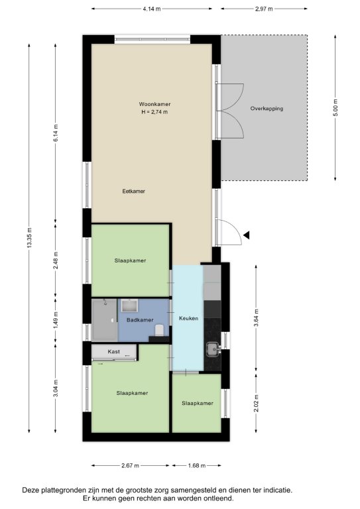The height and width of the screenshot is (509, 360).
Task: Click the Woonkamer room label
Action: click(154, 104)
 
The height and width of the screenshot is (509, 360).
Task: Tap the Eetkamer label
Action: click(134, 191)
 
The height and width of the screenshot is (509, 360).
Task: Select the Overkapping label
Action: click(267, 109)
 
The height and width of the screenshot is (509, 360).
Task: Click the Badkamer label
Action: click(140, 320)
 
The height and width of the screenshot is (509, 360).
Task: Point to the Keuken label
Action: click(188, 318)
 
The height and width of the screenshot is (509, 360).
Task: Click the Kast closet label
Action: click(113, 351)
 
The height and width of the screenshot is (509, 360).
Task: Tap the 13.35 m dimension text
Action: click(30, 238)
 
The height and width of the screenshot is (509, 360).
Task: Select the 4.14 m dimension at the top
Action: click(152, 9)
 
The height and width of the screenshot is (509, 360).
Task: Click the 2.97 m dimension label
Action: click(264, 9)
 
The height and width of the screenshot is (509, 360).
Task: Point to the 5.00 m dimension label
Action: click(335, 107)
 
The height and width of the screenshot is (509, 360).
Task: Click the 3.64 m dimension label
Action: click(257, 318)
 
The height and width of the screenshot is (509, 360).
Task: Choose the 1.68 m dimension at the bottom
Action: click(197, 466)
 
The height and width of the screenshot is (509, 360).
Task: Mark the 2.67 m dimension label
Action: click(130, 466)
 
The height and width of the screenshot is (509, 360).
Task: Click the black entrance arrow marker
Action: click(247, 235)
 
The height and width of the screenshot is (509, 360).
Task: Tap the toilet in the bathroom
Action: click(159, 330)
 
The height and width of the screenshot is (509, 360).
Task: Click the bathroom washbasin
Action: click(129, 306)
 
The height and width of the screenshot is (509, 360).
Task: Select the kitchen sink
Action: click(213, 349)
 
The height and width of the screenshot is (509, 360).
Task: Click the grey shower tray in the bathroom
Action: click(104, 320)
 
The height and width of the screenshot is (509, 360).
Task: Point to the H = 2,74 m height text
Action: click(154, 112)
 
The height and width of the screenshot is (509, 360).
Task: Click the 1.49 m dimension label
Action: click(56, 321)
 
